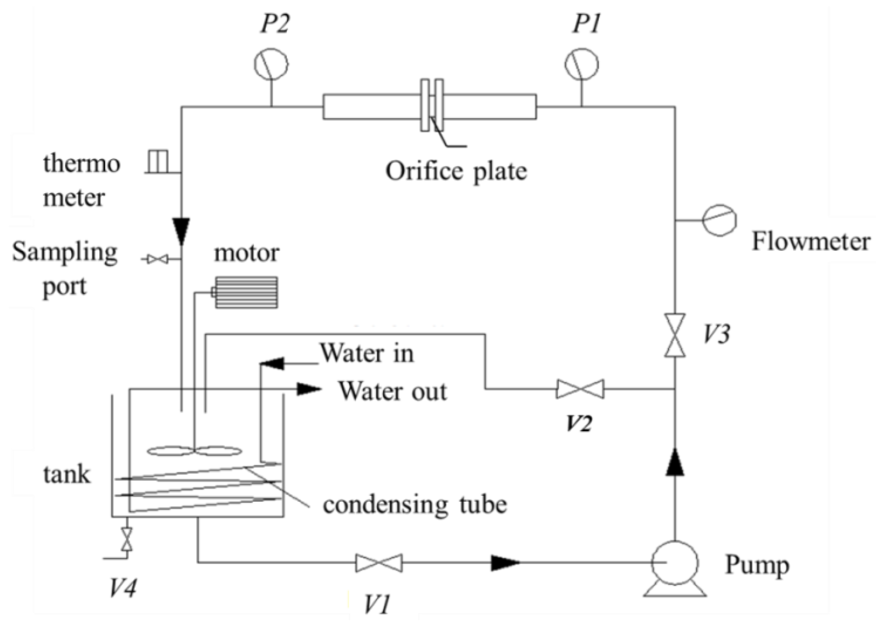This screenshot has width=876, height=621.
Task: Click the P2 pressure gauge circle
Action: (271, 64)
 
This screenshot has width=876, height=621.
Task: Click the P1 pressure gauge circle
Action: (581, 64)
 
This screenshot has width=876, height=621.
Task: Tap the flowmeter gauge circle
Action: (720, 220)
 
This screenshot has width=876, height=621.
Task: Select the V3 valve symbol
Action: (675, 335)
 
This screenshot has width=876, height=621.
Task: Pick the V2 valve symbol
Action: (580, 389)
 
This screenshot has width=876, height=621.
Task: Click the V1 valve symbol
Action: (379, 563)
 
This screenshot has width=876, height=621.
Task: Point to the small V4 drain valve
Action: (127, 539)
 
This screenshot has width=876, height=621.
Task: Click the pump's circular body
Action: (675, 563)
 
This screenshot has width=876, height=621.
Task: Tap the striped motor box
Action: (246, 293)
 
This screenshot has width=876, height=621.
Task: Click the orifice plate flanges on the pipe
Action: (432, 105)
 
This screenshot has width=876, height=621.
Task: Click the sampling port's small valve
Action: (158, 260)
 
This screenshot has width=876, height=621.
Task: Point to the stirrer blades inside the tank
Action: (194, 451)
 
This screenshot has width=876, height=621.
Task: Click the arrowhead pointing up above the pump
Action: (675, 463)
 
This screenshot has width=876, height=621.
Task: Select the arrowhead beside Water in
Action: (273, 364)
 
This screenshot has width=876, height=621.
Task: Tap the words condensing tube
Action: (415, 505)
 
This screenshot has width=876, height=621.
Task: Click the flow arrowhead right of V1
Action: (505, 563)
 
